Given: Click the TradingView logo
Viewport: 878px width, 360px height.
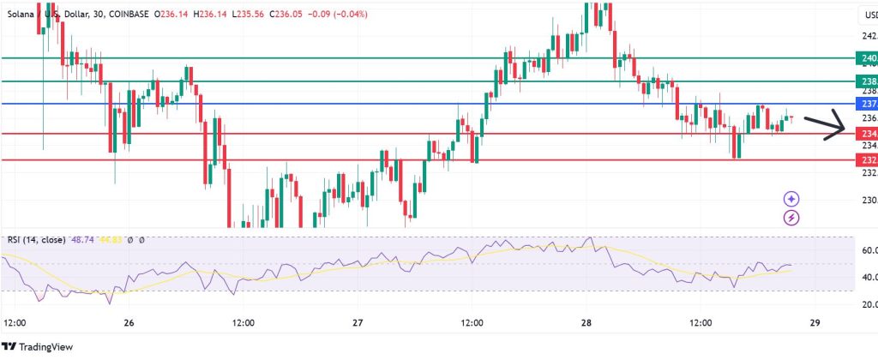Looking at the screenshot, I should (42, 346).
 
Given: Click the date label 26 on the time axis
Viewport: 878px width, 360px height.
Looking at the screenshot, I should (129, 323).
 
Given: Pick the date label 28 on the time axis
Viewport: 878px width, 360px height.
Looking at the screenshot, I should (586, 323).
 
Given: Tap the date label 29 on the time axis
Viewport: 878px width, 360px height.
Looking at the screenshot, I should (815, 323).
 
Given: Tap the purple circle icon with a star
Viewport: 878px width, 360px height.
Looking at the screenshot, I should (791, 199).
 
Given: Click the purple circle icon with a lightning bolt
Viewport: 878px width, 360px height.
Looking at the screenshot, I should (791, 218).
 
